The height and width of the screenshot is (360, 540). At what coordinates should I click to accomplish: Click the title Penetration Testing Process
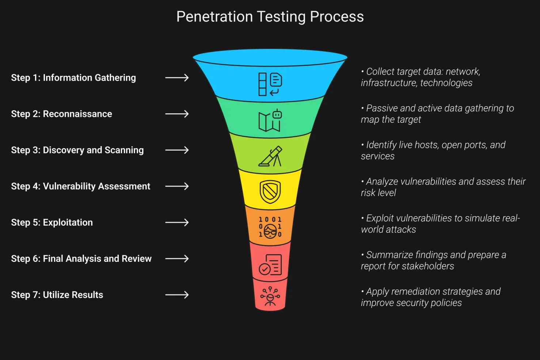[x=270, y=17]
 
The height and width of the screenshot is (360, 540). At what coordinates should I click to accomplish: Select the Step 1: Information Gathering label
[x=73, y=78]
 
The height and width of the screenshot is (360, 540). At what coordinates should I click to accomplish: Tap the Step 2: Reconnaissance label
[x=61, y=114]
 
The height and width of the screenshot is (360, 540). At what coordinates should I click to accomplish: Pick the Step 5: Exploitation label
[x=52, y=222]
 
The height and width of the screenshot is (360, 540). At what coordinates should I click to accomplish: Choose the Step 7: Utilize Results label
[x=57, y=295]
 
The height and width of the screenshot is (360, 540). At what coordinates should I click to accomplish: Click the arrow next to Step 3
[x=177, y=150]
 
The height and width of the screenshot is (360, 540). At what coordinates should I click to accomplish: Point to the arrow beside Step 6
[x=177, y=258]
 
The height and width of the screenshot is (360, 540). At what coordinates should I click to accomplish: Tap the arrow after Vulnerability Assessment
[x=177, y=186]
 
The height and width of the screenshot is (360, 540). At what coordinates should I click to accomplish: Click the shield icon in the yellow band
[x=270, y=192]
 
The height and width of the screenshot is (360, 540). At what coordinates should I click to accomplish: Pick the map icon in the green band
[x=270, y=120]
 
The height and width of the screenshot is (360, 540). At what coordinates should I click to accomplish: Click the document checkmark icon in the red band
[x=270, y=265]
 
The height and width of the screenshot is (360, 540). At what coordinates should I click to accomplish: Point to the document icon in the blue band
[x=270, y=84]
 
